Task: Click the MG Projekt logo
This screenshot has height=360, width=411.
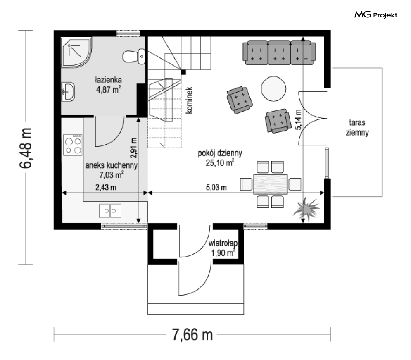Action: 376,15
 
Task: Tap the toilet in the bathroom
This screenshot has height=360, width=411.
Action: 134,56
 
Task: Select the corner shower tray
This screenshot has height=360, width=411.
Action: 76,52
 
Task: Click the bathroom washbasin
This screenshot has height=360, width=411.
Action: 68,92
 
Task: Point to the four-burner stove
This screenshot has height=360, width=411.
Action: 73,145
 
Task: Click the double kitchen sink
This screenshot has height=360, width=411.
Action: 110,210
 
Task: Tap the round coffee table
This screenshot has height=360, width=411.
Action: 273,88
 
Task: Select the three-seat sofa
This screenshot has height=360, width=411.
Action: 279,53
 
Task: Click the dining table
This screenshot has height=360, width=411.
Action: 271,184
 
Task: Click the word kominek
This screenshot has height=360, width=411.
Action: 189,100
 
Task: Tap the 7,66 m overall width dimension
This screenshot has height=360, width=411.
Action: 192,335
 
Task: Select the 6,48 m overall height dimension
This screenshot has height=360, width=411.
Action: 26,148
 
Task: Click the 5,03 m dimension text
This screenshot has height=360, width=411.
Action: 216,188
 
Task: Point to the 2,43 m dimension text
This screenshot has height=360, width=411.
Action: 106,188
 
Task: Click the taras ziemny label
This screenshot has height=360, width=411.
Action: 357,127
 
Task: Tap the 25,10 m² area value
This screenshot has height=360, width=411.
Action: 220,163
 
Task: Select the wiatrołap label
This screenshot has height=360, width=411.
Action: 223,243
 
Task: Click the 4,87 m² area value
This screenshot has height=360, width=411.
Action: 109,89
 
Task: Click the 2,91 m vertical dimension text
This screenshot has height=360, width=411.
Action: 133,148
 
